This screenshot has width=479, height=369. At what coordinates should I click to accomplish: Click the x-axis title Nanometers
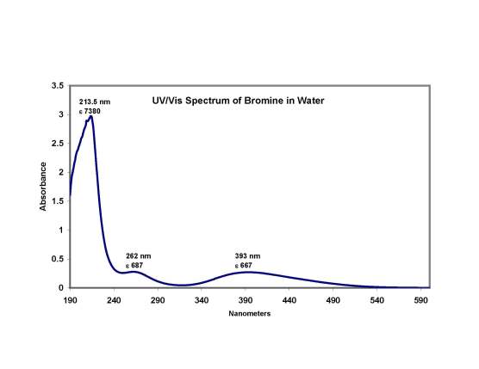250,314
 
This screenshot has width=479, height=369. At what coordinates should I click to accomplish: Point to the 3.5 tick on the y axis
58,86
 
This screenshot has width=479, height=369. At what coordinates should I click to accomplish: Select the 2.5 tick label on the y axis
58,144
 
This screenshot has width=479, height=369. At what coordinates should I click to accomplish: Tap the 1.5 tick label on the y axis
58,201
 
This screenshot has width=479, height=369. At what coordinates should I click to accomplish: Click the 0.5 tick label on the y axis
58,259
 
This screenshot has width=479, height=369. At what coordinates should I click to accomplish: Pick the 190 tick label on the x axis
70,300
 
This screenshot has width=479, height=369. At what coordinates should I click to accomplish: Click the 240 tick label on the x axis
114,300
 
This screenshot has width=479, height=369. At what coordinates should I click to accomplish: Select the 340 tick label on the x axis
202,300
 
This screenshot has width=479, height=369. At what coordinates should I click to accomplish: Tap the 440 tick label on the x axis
289,300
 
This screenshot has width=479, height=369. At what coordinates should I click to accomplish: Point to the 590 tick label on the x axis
420,300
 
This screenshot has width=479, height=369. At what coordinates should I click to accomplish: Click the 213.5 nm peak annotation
95,101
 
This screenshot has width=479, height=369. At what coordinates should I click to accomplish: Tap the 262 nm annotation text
139,256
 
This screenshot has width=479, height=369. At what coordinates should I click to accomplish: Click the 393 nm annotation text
247,256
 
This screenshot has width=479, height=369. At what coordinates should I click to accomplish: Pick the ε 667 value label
246,266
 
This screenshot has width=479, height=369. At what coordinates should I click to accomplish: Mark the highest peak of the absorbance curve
90,117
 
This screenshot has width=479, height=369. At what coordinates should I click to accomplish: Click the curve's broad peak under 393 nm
248,272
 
